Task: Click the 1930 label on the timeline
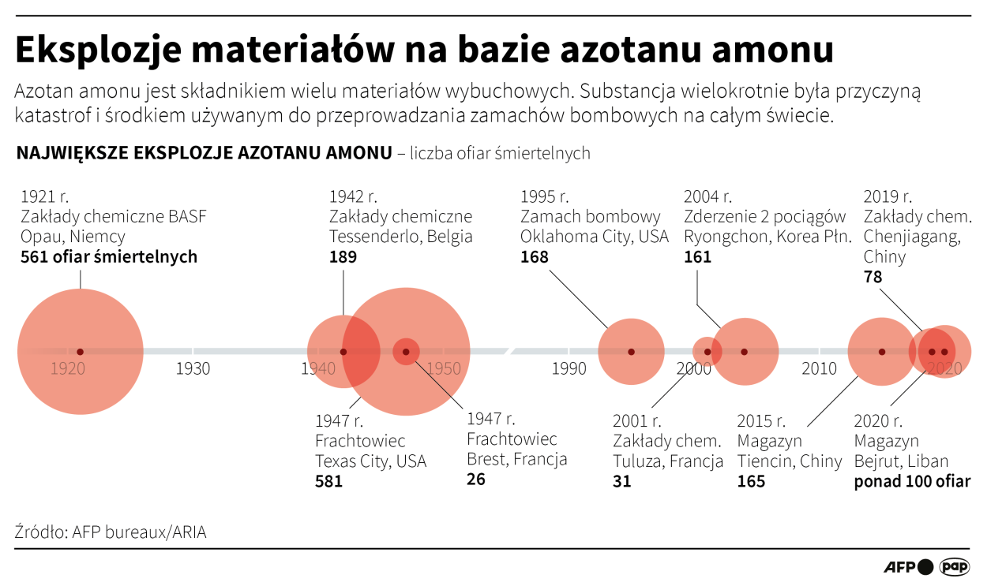point(193,368)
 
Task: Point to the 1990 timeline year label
point(569,368)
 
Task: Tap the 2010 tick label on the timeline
point(820,368)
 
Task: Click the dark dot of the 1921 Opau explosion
point(80,352)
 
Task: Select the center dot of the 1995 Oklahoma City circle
point(631,352)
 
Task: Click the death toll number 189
point(343,257)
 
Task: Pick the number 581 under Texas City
point(328,480)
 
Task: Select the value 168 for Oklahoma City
point(534,257)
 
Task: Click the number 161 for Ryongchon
point(697,257)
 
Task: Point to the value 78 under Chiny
point(873,278)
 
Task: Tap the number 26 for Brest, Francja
point(476,479)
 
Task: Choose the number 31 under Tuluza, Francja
point(622,480)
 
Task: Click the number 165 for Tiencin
point(751,480)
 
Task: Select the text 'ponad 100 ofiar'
point(912,480)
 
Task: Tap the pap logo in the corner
point(954,567)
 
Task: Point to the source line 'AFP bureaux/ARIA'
point(139,532)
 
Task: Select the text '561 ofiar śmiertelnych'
point(109,257)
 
